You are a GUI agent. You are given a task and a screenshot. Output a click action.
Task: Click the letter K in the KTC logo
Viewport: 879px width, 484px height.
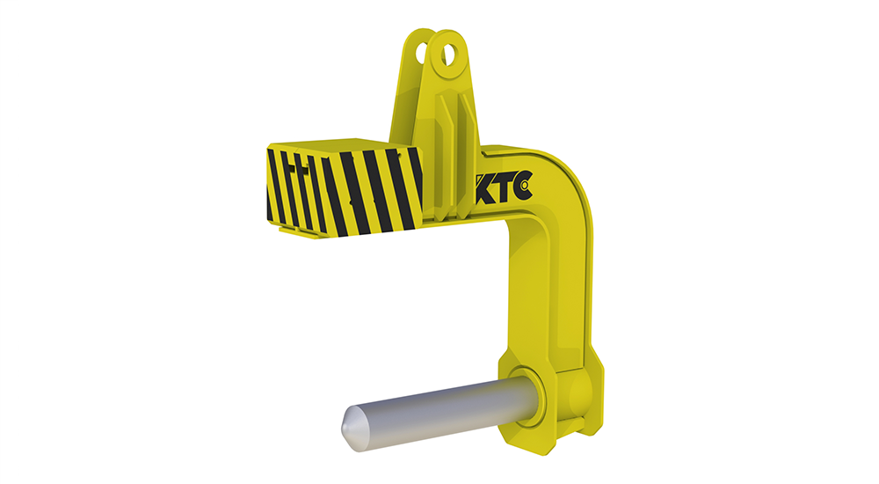[x=485, y=188]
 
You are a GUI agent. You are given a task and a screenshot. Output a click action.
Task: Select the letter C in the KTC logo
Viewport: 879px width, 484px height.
[x=522, y=186]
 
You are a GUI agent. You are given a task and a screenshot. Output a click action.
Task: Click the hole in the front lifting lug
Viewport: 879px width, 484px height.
[x=449, y=55]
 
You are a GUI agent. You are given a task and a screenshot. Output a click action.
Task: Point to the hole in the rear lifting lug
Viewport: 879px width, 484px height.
[x=421, y=54]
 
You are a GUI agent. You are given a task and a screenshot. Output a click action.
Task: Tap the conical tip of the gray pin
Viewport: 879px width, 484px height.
[x=351, y=428]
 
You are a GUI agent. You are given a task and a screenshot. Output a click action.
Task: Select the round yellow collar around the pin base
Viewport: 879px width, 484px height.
[x=527, y=396]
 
